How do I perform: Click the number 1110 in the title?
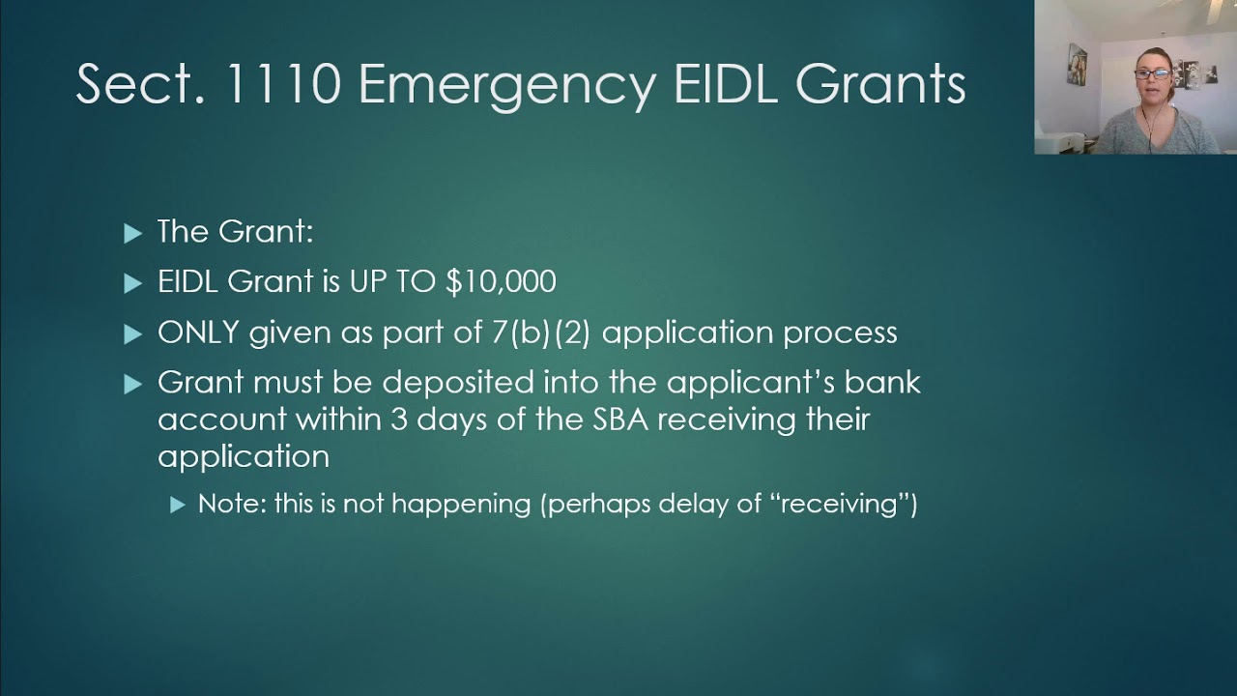281,84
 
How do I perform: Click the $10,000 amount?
501,281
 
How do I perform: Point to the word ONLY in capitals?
198,333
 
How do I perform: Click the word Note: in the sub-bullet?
232,504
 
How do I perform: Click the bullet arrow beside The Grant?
133,232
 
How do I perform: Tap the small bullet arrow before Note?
177,505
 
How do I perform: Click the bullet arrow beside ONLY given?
133,334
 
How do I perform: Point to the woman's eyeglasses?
1151,73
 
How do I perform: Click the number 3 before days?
398,420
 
